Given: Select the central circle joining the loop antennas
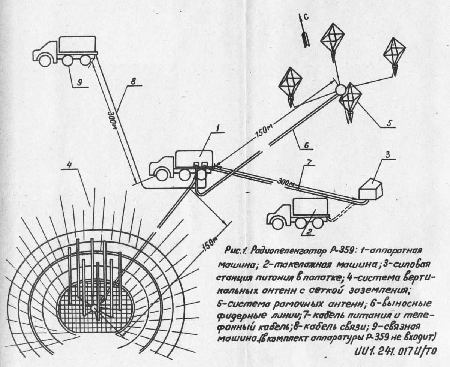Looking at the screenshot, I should tap(341, 90).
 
